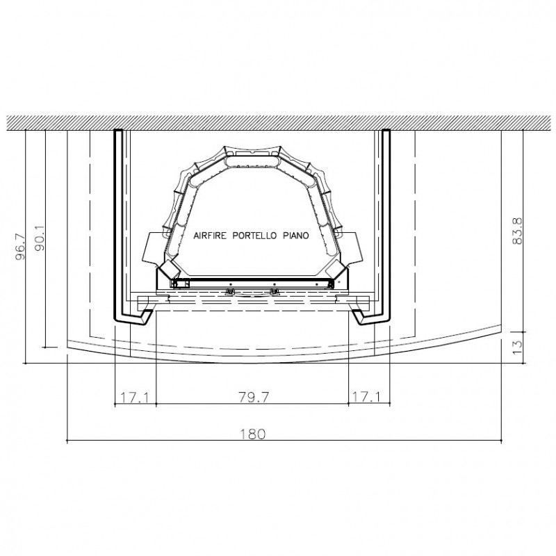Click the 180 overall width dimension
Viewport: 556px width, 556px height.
(x=252, y=434)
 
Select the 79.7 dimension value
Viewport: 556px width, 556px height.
(x=254, y=397)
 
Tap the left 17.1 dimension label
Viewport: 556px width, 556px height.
(x=135, y=397)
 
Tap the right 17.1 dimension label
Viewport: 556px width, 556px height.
(x=366, y=396)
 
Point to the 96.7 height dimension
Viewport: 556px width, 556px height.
(x=20, y=247)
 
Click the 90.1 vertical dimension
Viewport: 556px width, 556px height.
(x=40, y=238)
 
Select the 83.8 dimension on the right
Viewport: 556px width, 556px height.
(x=517, y=231)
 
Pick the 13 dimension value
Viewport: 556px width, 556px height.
(x=517, y=346)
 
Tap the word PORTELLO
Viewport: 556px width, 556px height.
(x=254, y=236)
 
